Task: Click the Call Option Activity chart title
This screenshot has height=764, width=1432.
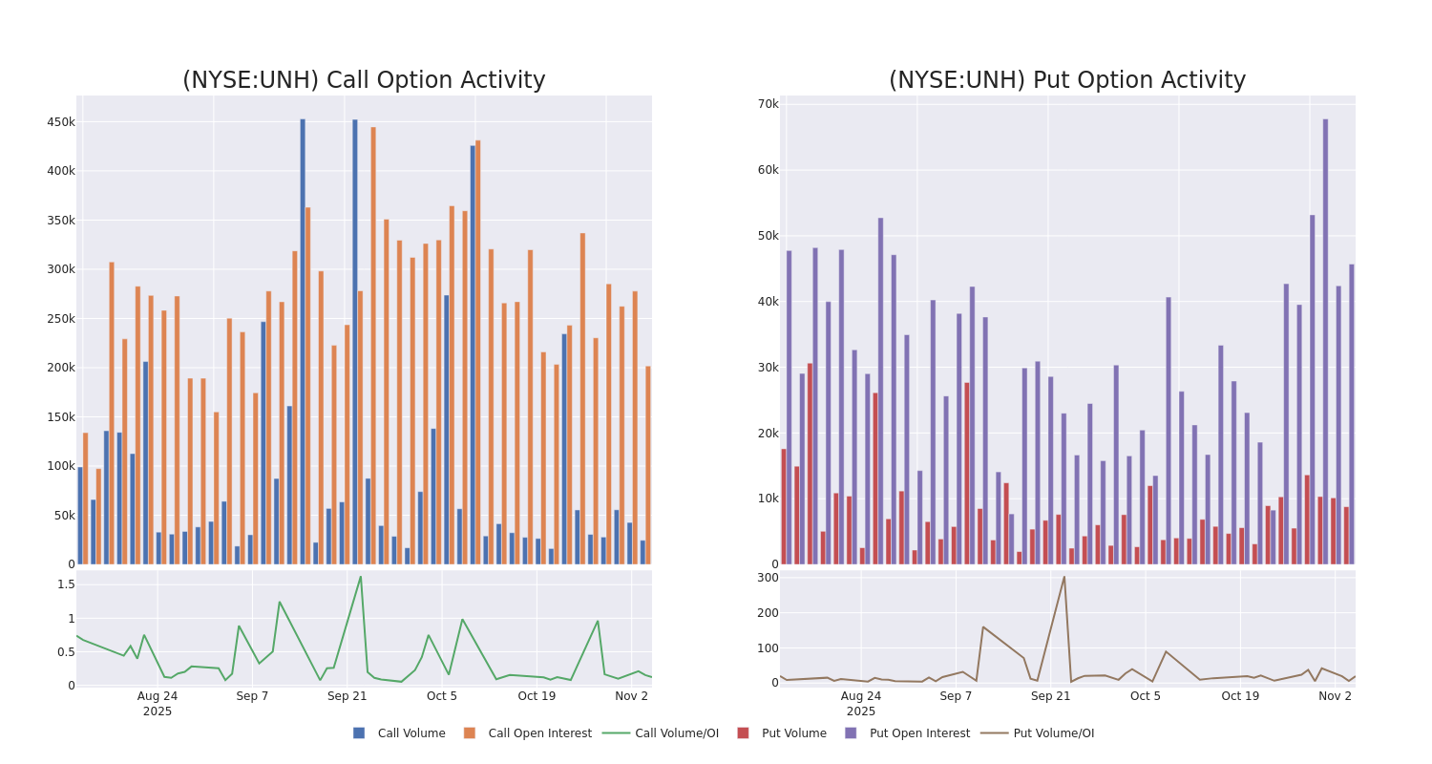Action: click(364, 81)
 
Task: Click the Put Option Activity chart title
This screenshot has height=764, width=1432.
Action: click(1066, 81)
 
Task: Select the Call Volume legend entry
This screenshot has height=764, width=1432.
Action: click(411, 733)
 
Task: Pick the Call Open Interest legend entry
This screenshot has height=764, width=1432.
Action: click(539, 733)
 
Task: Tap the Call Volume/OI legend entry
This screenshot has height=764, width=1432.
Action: click(676, 733)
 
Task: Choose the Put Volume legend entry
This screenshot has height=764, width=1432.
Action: click(793, 733)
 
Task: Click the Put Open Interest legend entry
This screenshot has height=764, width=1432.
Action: click(918, 733)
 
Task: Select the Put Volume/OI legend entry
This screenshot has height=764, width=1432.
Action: click(1053, 733)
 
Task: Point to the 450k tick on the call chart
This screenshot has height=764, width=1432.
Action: click(61, 122)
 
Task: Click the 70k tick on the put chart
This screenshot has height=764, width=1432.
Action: click(769, 104)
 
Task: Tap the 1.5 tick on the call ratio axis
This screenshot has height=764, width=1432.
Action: click(66, 584)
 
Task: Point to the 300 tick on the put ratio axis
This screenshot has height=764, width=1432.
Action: click(768, 578)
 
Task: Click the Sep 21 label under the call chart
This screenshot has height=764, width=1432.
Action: click(347, 696)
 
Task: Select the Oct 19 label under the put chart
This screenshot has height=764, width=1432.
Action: click(1240, 696)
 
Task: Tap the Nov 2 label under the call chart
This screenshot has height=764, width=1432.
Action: click(631, 696)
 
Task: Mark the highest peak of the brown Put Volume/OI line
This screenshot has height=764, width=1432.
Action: click(1063, 577)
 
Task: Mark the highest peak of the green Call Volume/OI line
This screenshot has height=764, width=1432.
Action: click(360, 577)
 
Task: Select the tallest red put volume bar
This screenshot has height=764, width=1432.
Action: click(810, 463)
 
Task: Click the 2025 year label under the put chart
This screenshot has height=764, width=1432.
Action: click(860, 711)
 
